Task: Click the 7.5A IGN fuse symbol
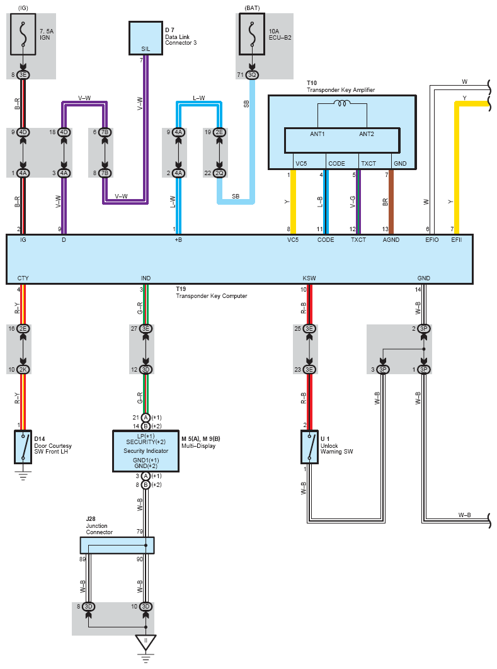23,34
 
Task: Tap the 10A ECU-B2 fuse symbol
252,34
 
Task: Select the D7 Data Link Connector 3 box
146,38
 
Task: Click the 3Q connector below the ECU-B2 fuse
252,75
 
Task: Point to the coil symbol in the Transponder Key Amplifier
342,103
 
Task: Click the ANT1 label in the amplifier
317,134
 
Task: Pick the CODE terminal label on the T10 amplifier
336,163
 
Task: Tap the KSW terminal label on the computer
309,278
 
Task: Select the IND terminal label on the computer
146,278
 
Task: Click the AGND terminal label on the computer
391,240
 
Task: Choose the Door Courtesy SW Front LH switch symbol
23,447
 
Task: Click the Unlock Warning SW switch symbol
309,447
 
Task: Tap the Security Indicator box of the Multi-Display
146,451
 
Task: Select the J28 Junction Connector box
117,546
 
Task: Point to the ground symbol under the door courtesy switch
23,475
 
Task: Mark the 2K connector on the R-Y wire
23,370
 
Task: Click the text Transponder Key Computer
212,295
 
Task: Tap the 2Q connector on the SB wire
219,173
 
